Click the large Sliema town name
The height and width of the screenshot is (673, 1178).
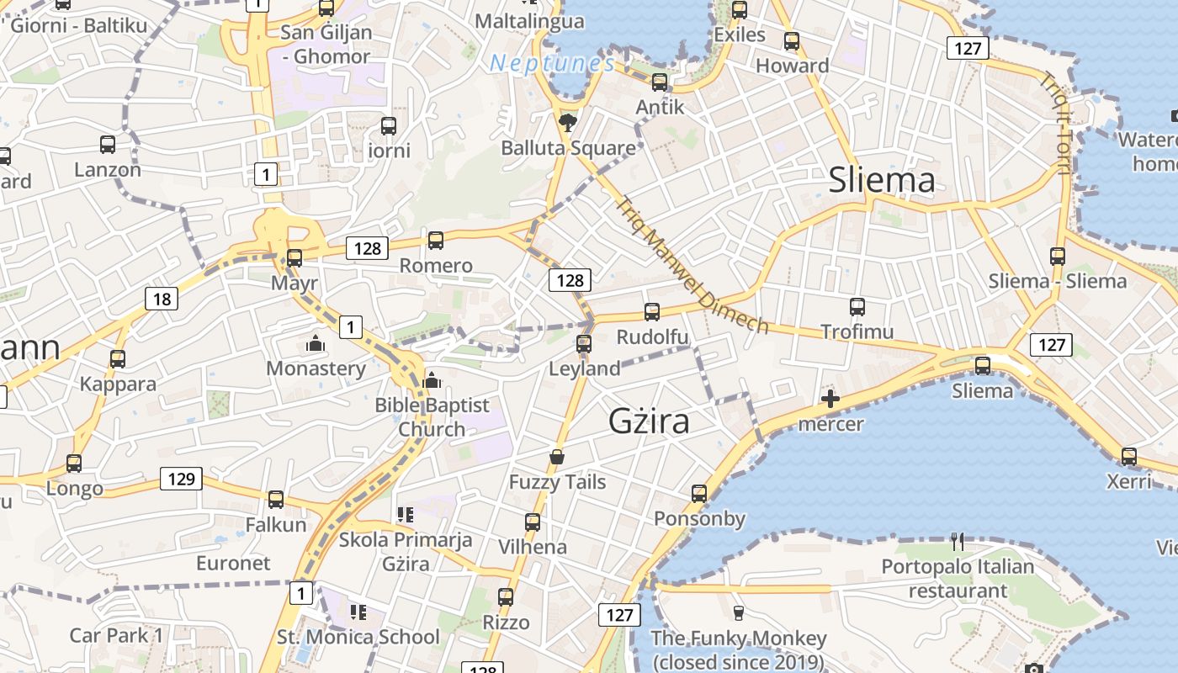point(882,180)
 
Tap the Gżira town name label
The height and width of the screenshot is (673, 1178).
point(649,421)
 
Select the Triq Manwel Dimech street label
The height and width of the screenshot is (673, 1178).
point(692,264)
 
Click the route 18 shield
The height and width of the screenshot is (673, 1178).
point(162,298)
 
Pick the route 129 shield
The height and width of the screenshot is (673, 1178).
point(181,480)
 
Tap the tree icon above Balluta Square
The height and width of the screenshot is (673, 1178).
point(568,123)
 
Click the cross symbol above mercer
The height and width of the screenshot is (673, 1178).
point(830,399)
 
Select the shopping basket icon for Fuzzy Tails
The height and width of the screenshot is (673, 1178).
point(557,457)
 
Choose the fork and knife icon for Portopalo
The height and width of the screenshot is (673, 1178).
point(957,541)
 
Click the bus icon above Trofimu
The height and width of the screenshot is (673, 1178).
point(857,307)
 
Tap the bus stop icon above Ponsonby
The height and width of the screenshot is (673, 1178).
point(699,494)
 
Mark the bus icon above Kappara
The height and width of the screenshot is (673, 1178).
point(118,359)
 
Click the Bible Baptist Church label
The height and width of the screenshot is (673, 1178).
point(432,416)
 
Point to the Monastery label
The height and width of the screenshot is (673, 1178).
point(316,368)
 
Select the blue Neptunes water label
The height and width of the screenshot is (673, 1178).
point(553,64)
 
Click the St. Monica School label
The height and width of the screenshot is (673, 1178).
point(358,637)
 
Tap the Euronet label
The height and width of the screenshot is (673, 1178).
point(233,563)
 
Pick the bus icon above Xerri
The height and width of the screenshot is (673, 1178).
point(1129,457)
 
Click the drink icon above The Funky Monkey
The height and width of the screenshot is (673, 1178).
point(739,612)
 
